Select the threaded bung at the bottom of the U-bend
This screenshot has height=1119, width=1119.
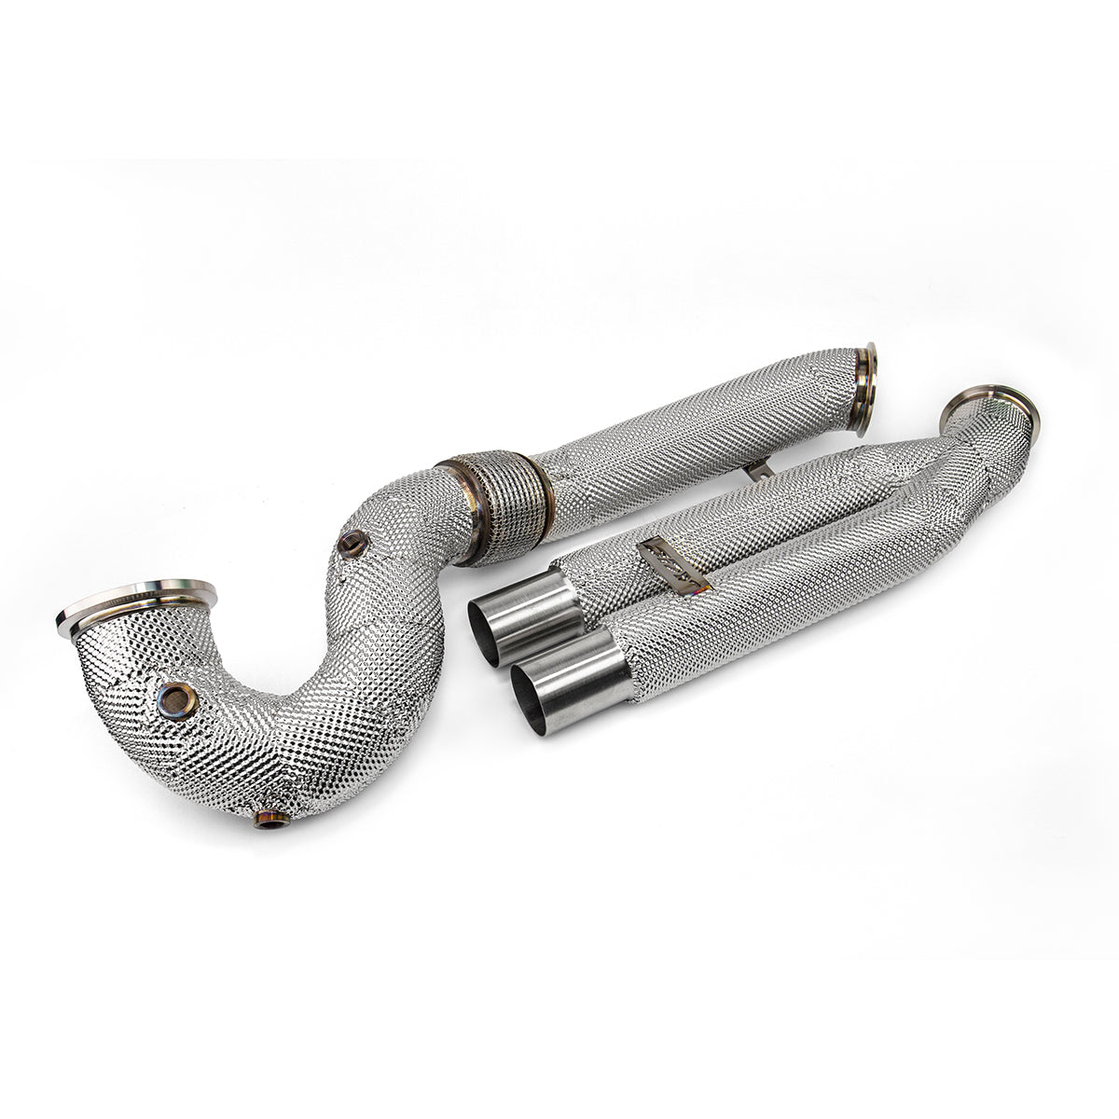click(271, 820)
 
